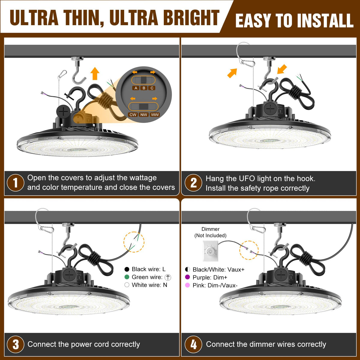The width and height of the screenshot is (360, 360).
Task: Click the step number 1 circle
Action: pyautogui.click(x=16, y=183)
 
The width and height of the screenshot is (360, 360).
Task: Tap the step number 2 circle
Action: pyautogui.click(x=193, y=183)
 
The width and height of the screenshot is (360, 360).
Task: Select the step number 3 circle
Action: pyautogui.click(x=16, y=344)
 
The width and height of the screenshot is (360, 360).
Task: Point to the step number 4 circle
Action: pyautogui.click(x=193, y=344)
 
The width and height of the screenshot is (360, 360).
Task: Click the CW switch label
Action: pyautogui.click(x=133, y=115)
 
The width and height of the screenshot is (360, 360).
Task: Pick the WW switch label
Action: pyautogui.click(x=155, y=115)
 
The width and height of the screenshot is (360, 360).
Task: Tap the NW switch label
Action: pyautogui.click(x=144, y=115)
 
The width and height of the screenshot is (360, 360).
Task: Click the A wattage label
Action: pyautogui.click(x=136, y=88)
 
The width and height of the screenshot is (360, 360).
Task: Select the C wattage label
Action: pyautogui.click(x=152, y=88)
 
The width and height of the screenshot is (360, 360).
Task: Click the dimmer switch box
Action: pyautogui.click(x=210, y=251)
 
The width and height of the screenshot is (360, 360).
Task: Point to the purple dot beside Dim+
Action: pyautogui.click(x=187, y=277)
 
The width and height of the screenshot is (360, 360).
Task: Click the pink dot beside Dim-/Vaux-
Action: pyautogui.click(x=187, y=285)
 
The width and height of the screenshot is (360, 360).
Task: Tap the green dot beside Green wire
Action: pyautogui.click(x=127, y=277)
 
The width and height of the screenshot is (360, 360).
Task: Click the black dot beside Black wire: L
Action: pyautogui.click(x=127, y=269)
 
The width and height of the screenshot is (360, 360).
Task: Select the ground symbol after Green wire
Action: pyautogui.click(x=168, y=277)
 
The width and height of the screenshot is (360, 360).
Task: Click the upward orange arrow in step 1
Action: pyautogui.click(x=95, y=73)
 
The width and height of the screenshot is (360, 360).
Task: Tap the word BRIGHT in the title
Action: pyautogui.click(x=191, y=18)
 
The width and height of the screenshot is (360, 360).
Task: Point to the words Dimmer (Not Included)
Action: pyautogui.click(x=210, y=232)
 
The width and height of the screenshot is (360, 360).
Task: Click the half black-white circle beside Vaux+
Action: pyautogui.click(x=187, y=269)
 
